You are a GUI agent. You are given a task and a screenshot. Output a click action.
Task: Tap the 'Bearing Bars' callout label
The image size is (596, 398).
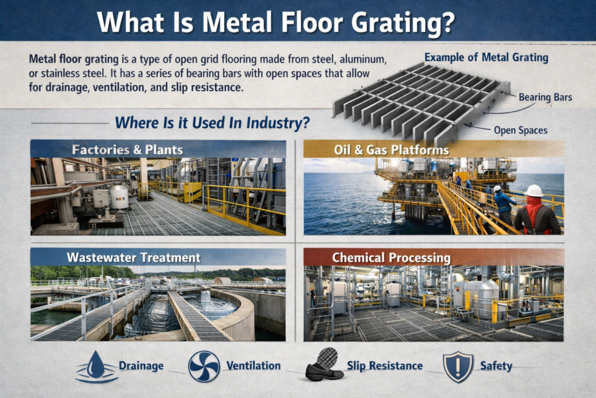545,97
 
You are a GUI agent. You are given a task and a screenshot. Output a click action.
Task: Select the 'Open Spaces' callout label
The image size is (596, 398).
521,130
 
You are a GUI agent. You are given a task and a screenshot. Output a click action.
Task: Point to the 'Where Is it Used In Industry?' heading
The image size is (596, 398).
212,123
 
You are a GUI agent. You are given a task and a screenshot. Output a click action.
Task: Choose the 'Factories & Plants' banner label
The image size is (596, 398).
127,149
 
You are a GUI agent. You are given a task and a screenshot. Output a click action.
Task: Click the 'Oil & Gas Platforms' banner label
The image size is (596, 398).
391,150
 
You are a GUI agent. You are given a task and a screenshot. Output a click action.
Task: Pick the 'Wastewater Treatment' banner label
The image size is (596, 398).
133,258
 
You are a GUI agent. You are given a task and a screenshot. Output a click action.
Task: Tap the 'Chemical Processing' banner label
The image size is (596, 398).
391,258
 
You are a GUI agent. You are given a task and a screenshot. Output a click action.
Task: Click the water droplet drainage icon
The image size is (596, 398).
96,366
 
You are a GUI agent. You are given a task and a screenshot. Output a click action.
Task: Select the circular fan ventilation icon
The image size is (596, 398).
204,366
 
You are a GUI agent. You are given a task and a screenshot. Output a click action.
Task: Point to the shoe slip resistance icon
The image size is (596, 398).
323,366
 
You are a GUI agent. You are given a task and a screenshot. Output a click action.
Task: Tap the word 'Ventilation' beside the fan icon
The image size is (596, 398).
253,366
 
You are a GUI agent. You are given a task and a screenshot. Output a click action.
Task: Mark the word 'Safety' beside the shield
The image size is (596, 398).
496,366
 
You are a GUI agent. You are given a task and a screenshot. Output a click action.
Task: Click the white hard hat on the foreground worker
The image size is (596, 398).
533,191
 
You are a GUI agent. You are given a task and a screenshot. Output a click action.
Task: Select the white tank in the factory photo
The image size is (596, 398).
119,197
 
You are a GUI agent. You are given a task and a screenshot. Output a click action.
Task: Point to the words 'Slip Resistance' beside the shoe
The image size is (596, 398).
384,366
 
